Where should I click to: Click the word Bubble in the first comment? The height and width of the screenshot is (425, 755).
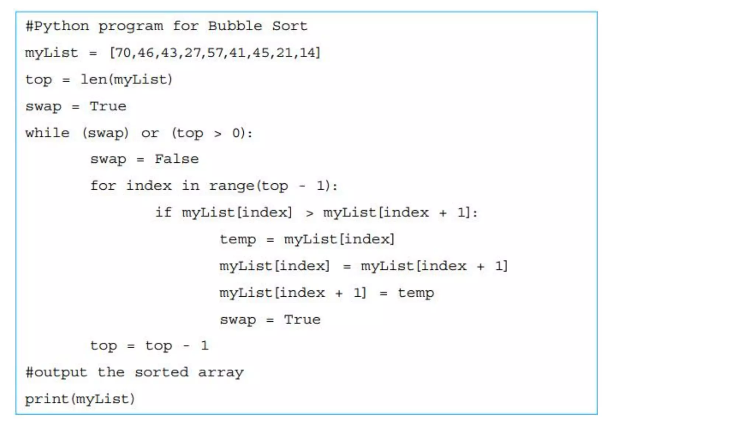click(x=235, y=26)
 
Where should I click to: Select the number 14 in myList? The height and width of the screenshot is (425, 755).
click(x=308, y=53)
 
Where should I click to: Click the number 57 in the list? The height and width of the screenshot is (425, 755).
click(x=215, y=53)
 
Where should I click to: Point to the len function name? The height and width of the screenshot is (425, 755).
click(x=94, y=79)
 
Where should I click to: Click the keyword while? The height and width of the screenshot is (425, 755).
click(x=47, y=133)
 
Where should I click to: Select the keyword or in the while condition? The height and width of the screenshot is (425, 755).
click(x=150, y=133)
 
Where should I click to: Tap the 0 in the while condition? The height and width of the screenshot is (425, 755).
click(x=236, y=133)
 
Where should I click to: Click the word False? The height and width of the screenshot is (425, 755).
click(x=177, y=159)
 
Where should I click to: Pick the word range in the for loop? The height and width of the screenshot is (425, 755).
click(x=232, y=186)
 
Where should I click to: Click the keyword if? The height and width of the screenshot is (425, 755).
click(x=163, y=212)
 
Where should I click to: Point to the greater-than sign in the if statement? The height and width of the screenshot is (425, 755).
click(x=309, y=213)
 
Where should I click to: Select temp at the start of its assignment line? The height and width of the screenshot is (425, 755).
click(x=238, y=239)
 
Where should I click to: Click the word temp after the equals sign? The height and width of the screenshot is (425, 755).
click(x=416, y=293)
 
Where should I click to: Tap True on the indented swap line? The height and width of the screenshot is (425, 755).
click(x=302, y=319)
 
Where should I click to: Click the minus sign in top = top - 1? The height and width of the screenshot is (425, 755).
click(x=187, y=346)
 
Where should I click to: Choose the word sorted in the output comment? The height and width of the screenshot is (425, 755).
click(x=161, y=372)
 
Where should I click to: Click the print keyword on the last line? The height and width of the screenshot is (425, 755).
click(x=47, y=399)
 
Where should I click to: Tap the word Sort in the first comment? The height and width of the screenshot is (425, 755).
click(x=289, y=26)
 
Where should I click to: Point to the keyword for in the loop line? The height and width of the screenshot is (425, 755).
click(x=103, y=186)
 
